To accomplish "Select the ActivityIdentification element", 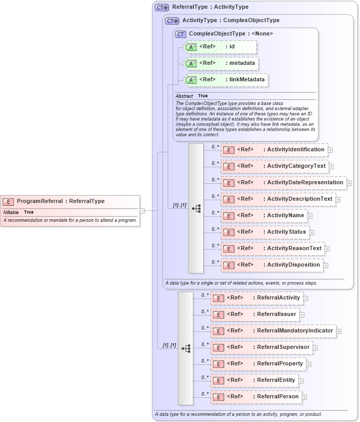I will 274,150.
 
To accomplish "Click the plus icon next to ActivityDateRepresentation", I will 349,183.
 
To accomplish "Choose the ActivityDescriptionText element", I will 278,199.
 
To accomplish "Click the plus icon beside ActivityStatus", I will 312,232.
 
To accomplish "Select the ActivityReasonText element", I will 273,249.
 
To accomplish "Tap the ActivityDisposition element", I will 272,265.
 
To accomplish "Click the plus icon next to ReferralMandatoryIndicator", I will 339,331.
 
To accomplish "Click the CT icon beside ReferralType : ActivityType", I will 162,8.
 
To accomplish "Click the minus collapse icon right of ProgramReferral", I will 142,210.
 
